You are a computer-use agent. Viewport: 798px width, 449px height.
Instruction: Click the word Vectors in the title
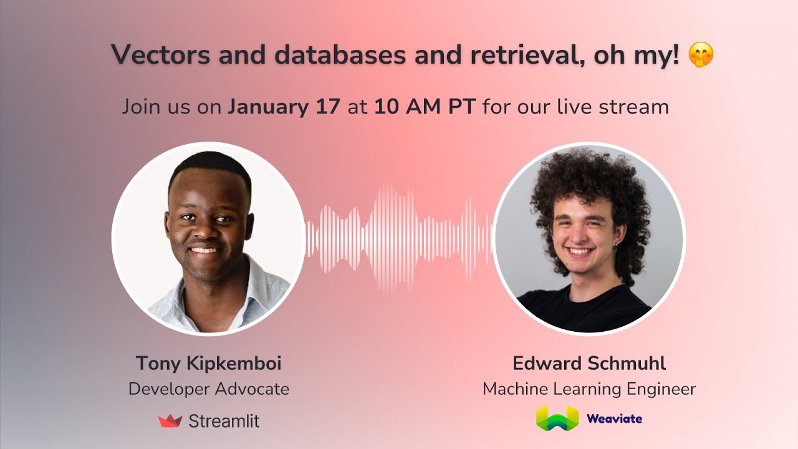coord(160,55)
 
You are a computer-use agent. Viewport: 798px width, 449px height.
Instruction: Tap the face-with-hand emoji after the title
coord(701,56)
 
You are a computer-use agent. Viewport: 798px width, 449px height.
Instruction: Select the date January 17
coord(284,107)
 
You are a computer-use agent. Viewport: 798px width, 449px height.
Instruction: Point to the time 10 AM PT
coord(425,107)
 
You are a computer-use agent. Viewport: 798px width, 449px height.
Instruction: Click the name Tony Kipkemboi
coord(208,363)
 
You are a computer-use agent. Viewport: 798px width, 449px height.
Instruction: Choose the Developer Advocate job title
coord(208,389)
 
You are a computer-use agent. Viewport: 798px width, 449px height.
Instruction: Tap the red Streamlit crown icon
coord(170,421)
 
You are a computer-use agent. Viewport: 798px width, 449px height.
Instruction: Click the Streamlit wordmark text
coord(223,421)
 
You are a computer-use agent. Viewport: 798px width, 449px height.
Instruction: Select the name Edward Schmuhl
coord(589,363)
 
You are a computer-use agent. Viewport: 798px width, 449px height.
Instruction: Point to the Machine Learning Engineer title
coord(589,389)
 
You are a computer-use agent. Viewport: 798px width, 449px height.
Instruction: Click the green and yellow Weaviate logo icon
coord(557,418)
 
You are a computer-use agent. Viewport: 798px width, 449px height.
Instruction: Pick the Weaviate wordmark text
coord(614,418)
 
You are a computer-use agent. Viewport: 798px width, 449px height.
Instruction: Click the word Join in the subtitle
coord(143,107)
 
